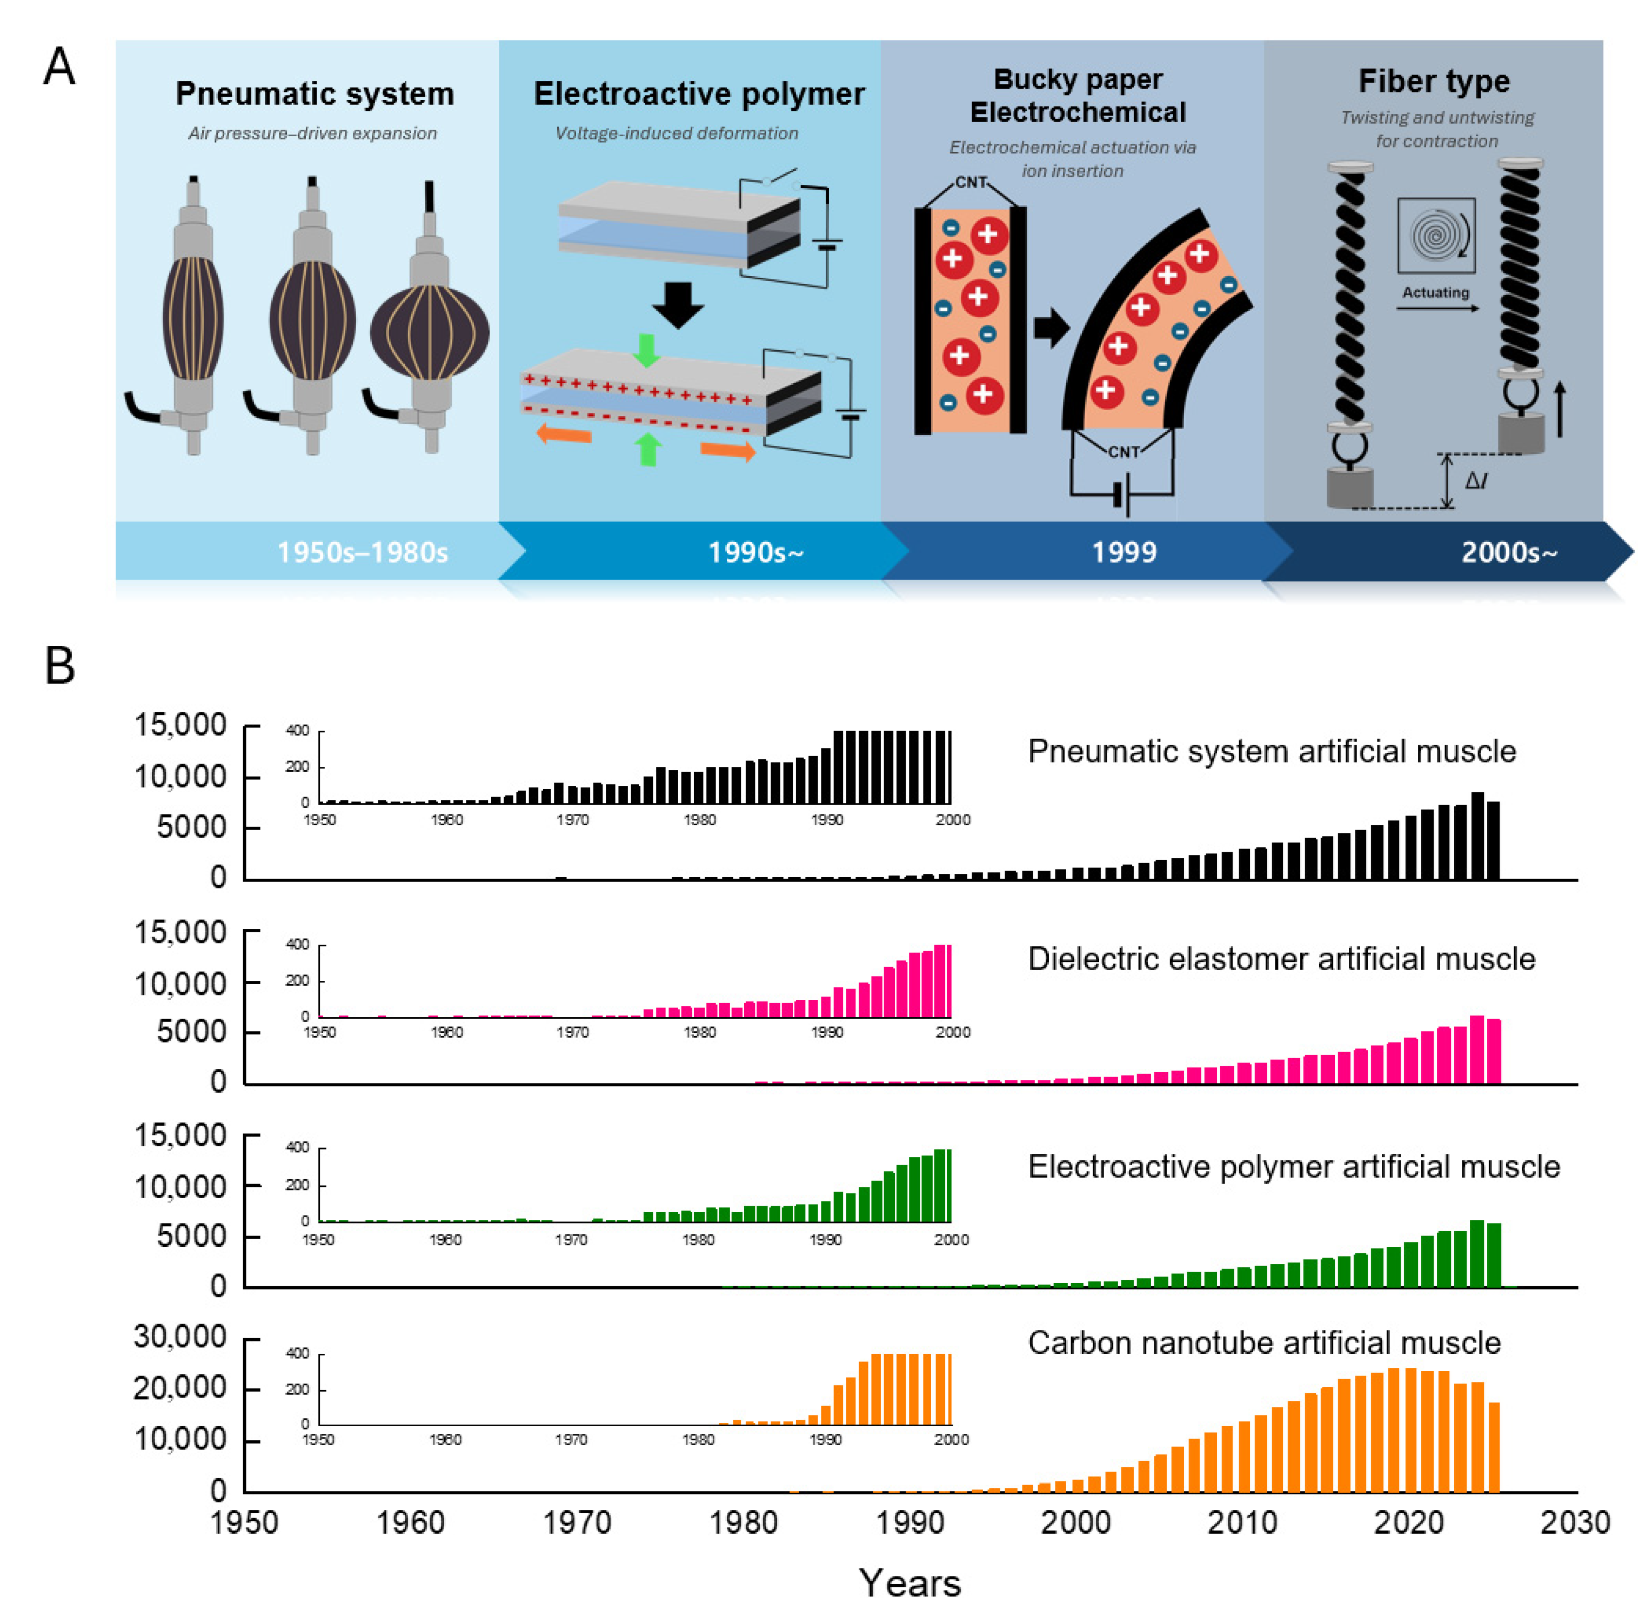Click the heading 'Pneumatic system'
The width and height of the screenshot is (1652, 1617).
tap(315, 93)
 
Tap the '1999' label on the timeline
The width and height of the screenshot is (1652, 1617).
tap(1123, 552)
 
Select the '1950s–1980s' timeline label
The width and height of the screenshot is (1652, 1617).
tap(363, 552)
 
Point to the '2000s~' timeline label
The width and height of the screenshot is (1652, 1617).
tap(1508, 552)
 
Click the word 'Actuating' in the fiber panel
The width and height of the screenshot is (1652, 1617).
tap(1435, 292)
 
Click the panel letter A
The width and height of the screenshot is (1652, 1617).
tap(59, 66)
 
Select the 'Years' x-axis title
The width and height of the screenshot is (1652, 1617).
tap(909, 1583)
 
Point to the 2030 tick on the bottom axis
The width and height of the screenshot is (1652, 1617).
tap(1575, 1522)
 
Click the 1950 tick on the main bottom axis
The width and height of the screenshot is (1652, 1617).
tap(245, 1522)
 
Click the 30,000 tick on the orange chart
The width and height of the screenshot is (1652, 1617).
tap(180, 1337)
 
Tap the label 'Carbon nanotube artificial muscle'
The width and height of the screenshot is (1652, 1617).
tap(1264, 1342)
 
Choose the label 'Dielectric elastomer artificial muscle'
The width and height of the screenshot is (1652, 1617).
tap(1281, 959)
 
